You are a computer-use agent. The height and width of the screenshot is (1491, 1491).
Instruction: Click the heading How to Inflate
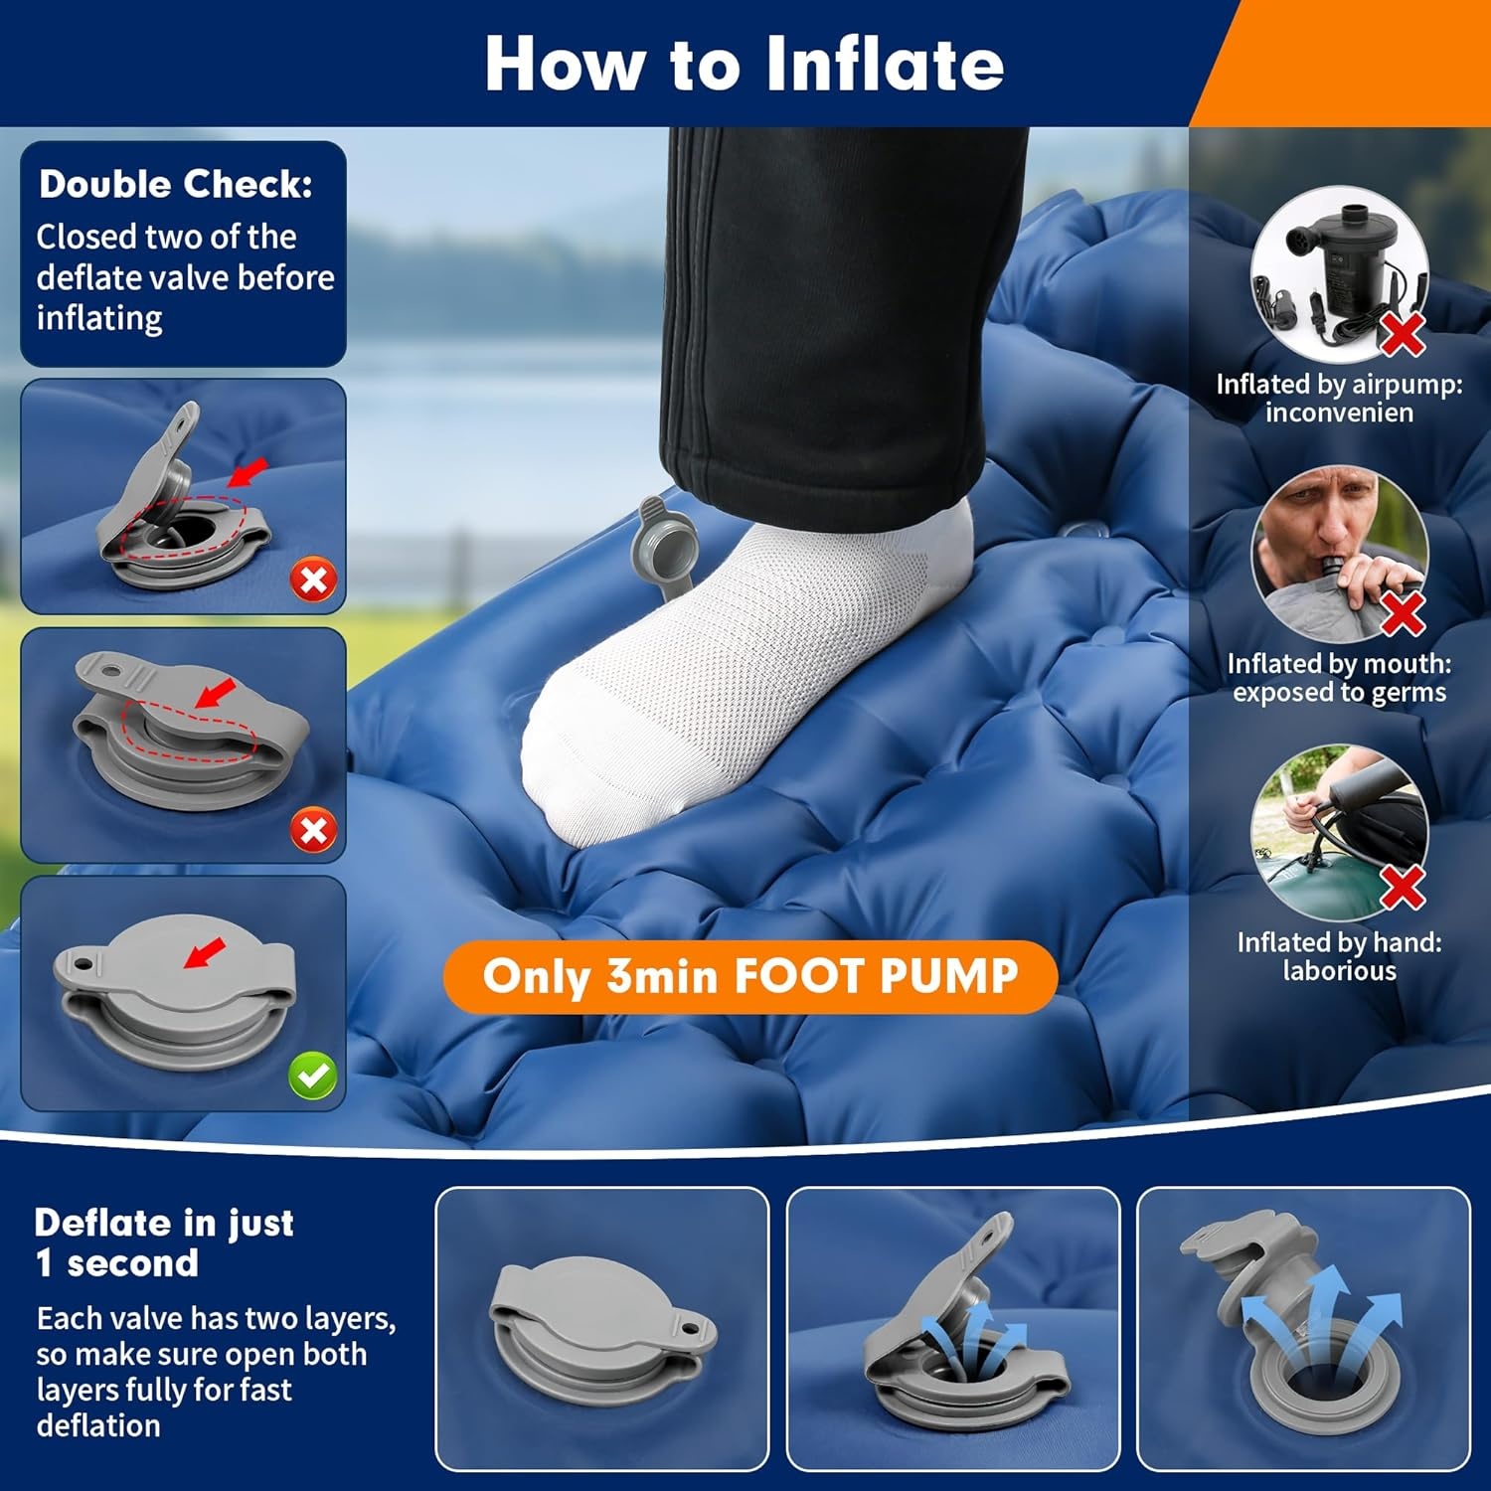pos(744,64)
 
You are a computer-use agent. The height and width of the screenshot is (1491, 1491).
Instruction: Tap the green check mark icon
pos(313,1076)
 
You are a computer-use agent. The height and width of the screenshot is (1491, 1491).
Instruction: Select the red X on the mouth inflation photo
pos(1403,612)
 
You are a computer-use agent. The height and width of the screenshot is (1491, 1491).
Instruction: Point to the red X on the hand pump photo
pos(1403,886)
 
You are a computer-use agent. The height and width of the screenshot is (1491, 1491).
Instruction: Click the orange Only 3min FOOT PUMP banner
pos(749,976)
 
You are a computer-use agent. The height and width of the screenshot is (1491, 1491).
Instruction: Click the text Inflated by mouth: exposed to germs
pos(1339,678)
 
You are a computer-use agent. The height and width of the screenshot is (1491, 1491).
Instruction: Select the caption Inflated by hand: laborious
pos(1339,956)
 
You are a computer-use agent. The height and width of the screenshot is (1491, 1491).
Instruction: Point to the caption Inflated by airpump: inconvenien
pos(1339,398)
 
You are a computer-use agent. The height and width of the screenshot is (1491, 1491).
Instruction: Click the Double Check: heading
pos(176,185)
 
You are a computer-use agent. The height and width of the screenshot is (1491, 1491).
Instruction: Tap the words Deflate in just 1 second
pos(164,1242)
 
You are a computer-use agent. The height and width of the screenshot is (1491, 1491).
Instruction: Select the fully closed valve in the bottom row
pos(601,1322)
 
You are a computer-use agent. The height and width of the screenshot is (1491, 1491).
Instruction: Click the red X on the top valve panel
pos(313,580)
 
